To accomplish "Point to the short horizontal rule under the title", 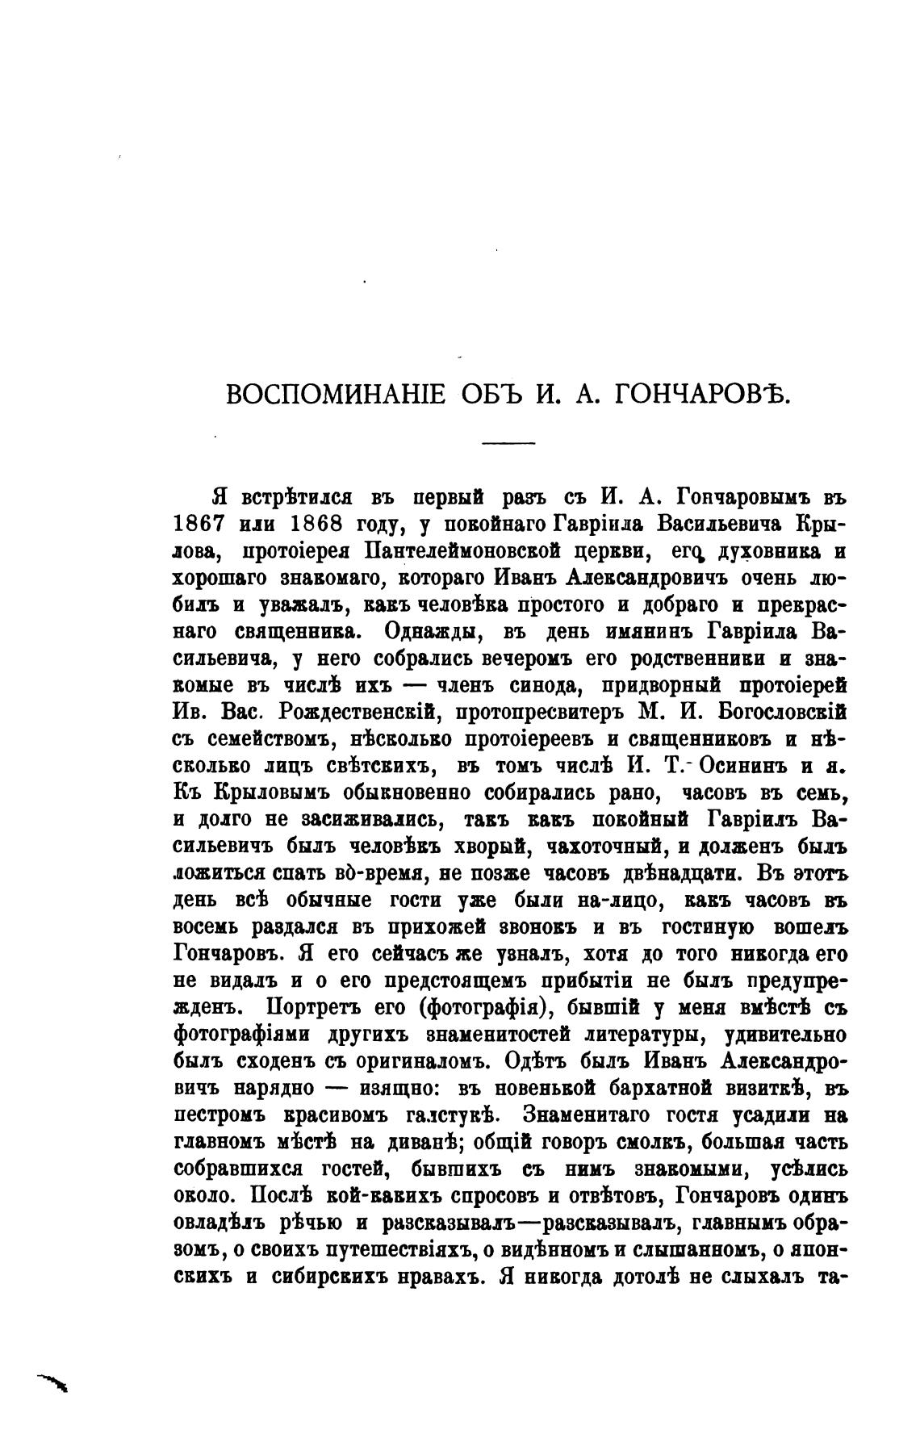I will (x=508, y=442).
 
